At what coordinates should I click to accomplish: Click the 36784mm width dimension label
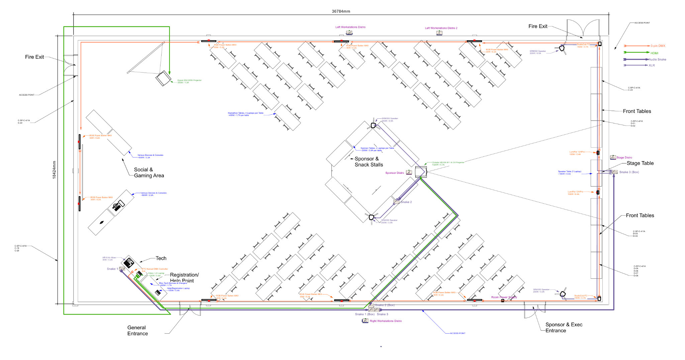coord(341,11)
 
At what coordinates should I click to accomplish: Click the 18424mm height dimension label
coord(54,170)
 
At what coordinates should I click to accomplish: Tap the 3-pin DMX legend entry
coord(658,46)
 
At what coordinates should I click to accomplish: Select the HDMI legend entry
coord(654,53)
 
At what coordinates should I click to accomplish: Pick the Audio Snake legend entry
coord(657,59)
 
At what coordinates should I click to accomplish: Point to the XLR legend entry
coord(652,66)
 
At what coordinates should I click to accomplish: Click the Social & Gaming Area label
coord(149,172)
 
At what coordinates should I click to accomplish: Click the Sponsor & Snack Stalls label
coord(369,162)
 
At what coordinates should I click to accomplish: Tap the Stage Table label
coord(640,163)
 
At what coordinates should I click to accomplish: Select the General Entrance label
coord(137,331)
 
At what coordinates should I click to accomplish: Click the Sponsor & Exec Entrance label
coord(564,328)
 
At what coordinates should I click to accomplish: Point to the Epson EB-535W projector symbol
coord(164,78)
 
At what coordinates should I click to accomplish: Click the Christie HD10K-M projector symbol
coord(421,172)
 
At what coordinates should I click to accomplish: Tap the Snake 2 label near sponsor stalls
coord(406,202)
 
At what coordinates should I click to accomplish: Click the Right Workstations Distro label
coord(385,321)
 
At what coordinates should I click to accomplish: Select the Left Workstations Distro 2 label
coord(441,28)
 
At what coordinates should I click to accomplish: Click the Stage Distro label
coord(624,157)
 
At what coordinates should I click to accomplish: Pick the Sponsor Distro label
coord(394,173)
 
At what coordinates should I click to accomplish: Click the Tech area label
coord(161,258)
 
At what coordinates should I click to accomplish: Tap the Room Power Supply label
coord(504,297)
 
